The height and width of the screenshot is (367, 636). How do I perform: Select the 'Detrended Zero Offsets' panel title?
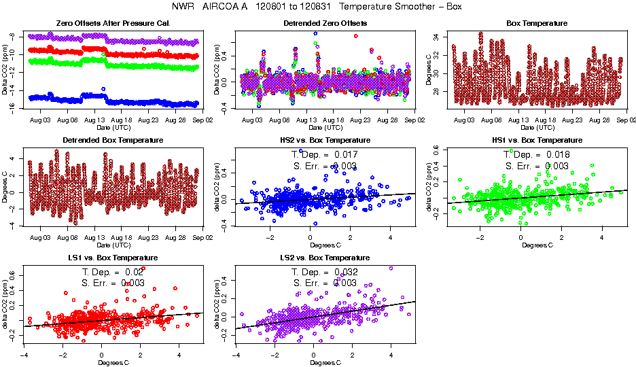point(325,23)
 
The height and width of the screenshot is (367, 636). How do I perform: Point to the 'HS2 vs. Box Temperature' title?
point(325,141)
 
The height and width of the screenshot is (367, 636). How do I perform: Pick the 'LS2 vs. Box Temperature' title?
point(325,258)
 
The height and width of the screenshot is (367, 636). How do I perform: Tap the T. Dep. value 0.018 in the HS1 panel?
point(558,155)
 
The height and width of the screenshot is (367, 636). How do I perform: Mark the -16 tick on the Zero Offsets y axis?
point(13,107)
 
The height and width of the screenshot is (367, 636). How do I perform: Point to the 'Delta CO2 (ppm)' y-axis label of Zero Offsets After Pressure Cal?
point(5,71)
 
